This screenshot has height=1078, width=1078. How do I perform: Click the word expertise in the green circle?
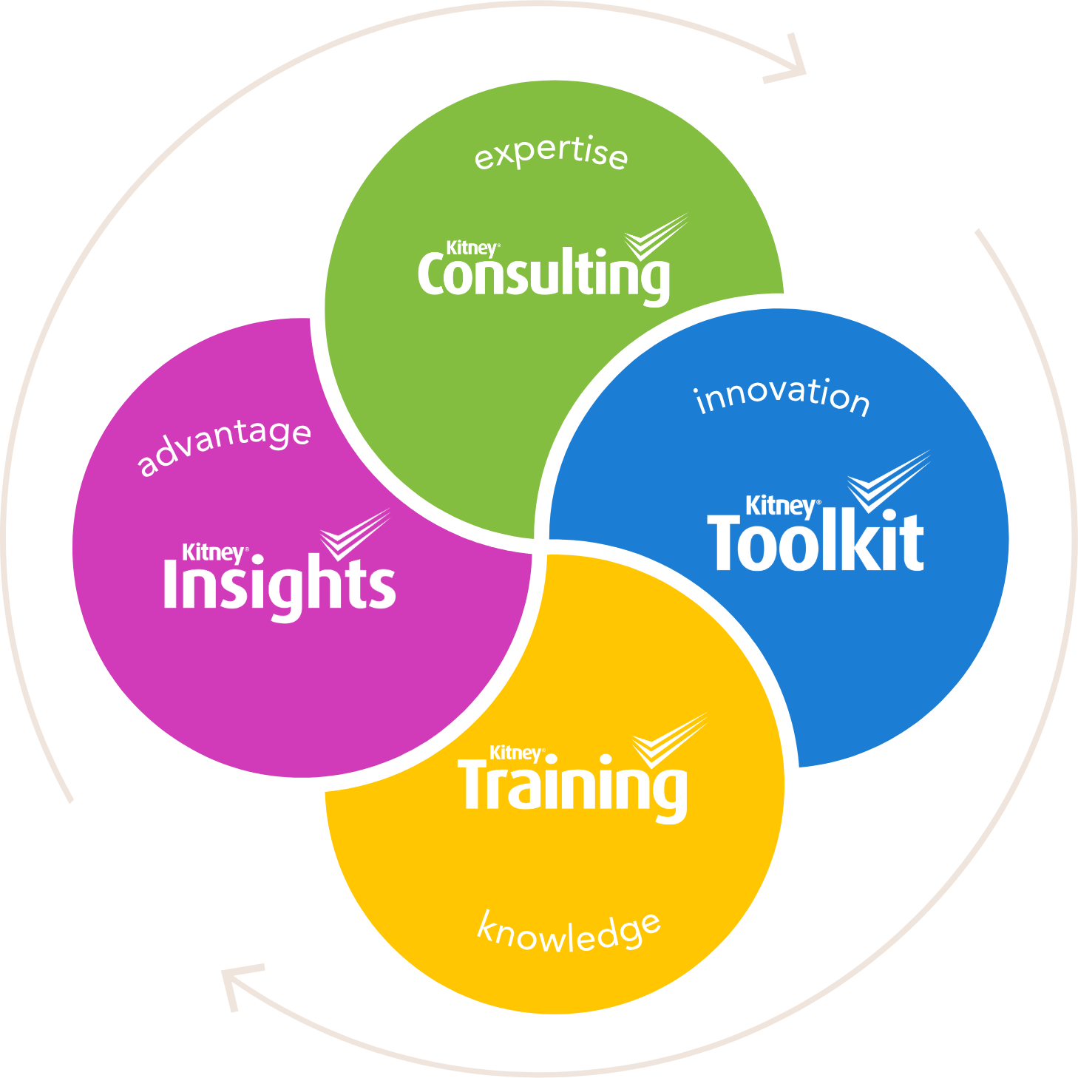point(551,153)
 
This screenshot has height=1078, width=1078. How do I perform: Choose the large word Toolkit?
point(815,541)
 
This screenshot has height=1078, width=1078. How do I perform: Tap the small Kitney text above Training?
point(515,753)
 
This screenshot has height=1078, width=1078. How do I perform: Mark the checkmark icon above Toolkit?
point(889,481)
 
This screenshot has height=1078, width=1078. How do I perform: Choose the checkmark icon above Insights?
point(355,535)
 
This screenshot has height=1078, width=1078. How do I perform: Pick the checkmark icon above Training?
point(670,740)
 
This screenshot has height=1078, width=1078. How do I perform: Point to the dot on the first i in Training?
point(549,759)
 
